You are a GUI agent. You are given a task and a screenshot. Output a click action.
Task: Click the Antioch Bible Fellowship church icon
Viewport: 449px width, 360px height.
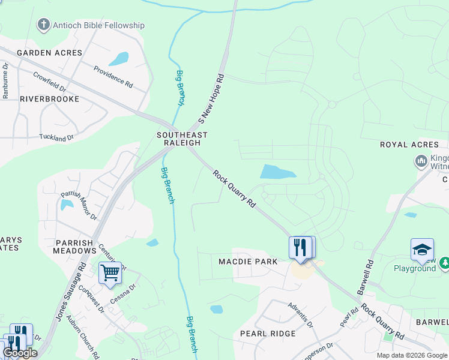click(43, 25)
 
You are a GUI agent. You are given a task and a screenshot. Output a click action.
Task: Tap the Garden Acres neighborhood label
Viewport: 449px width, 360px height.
click(49, 53)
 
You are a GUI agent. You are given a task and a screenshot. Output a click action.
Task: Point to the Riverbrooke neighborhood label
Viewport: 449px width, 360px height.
click(49, 98)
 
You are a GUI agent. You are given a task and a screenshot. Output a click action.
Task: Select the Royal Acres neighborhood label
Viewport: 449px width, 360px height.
click(409, 145)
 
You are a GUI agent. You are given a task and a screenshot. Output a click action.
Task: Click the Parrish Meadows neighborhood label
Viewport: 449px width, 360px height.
click(74, 247)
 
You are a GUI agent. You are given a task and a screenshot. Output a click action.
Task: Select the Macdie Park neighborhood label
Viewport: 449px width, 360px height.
click(248, 262)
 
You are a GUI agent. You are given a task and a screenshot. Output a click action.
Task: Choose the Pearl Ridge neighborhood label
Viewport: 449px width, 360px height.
click(268, 334)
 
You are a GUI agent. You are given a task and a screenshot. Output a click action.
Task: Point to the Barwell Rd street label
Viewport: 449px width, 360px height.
click(365, 277)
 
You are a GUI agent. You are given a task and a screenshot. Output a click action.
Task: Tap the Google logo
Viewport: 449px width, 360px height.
click(20, 353)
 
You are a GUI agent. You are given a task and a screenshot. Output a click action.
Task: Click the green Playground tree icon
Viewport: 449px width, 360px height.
click(445, 263)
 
